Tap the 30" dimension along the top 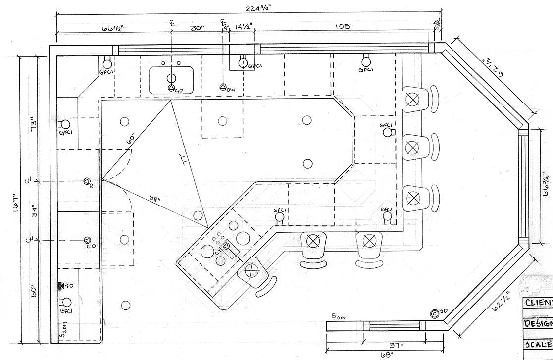click(x=197, y=28)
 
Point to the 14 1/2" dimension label click(x=244, y=26)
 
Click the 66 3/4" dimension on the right click(x=546, y=184)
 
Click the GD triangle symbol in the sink click(x=171, y=88)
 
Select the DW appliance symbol click(x=223, y=87)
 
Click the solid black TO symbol click(x=61, y=286)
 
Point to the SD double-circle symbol click(x=435, y=313)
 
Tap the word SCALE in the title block click(x=538, y=344)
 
